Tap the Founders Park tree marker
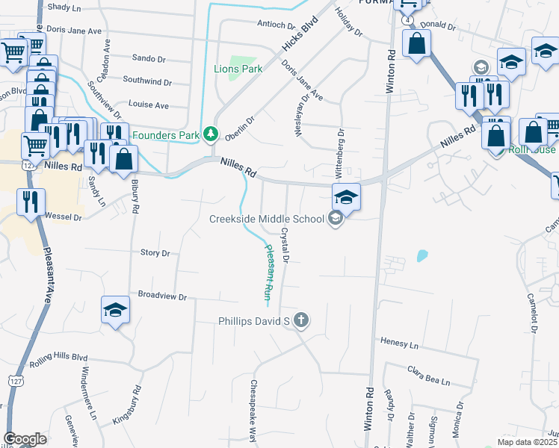[211, 134]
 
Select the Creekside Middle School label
[267, 218]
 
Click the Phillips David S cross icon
[300, 321]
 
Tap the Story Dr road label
[155, 253]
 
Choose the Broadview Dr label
[157, 296]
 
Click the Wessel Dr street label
[63, 217]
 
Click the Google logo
[25, 439]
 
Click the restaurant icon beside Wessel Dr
[31, 202]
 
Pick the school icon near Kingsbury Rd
[116, 309]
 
